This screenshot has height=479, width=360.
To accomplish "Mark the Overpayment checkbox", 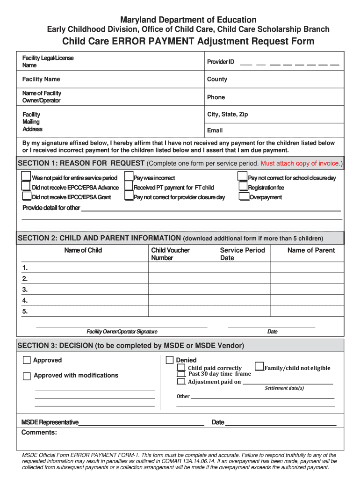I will tap(244, 196).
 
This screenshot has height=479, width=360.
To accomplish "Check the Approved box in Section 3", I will tap(27, 360).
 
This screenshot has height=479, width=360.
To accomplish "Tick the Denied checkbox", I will tap(170, 360).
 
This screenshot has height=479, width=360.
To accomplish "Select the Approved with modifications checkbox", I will tap(27, 376).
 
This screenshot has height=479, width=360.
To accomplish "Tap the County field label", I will tap(217, 79).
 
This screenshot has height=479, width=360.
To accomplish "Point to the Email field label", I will tap(215, 131).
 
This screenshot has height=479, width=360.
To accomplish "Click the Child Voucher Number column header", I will tap(170, 254).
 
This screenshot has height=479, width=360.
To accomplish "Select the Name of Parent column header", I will tap(311, 250).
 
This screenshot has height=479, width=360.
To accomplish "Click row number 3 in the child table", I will tap(25, 290).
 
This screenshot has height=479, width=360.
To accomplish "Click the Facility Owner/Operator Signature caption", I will tap(122, 332).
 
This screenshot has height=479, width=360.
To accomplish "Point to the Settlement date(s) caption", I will tap(284, 388).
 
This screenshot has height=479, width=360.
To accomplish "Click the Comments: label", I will tap(39, 432).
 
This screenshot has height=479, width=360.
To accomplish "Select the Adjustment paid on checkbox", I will tap(181, 382).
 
